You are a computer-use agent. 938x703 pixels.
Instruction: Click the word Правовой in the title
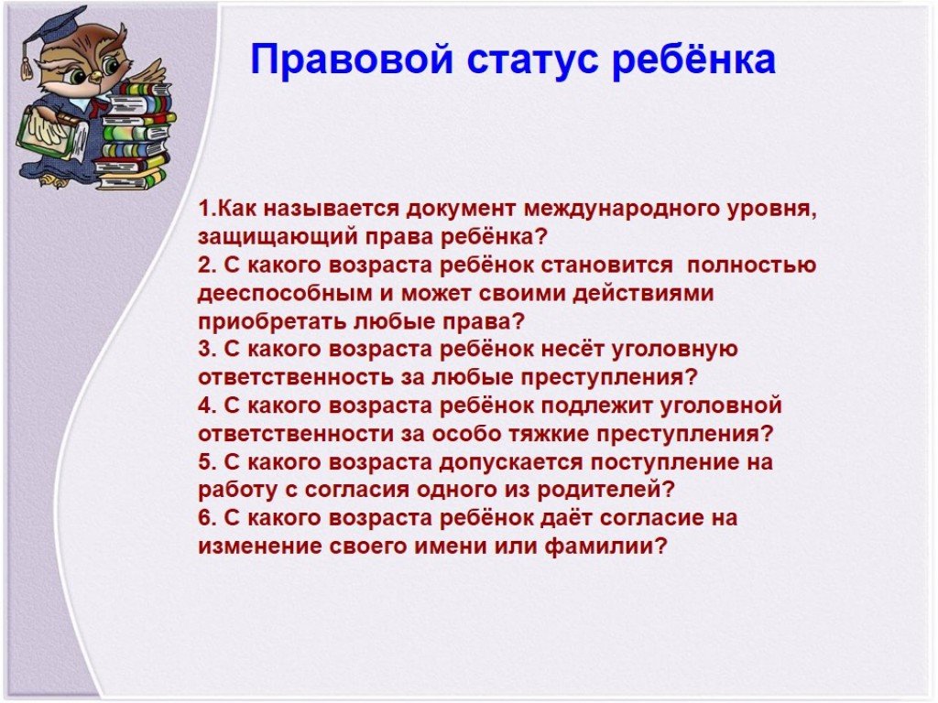point(351,59)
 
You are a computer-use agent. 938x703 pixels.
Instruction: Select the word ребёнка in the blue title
point(694,59)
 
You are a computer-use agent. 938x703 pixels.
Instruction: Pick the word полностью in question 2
point(751,265)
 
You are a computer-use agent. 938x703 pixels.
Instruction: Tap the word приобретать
point(271,321)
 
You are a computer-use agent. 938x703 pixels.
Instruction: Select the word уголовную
point(674,350)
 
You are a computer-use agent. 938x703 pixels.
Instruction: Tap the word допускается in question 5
point(511,462)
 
